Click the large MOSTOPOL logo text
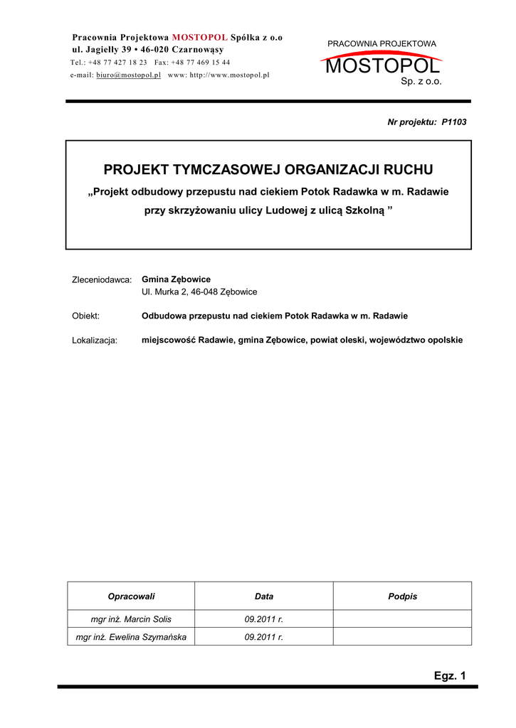coord(381,67)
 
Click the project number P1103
coord(453,122)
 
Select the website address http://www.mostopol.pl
coord(228,75)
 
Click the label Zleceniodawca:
coord(102,280)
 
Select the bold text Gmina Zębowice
coord(176,279)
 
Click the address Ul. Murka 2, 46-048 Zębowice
coord(199,291)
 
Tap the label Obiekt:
coord(86,316)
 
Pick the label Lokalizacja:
coord(95,341)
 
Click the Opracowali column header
coord(131,596)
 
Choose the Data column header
coord(264,596)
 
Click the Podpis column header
coord(402,596)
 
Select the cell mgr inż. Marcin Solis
coord(131,619)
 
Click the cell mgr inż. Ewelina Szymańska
coord(131,637)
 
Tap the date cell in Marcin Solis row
coord(264,619)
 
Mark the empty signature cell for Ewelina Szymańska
coord(402,637)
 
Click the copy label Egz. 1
coord(449,676)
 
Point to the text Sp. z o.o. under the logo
coord(421,82)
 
